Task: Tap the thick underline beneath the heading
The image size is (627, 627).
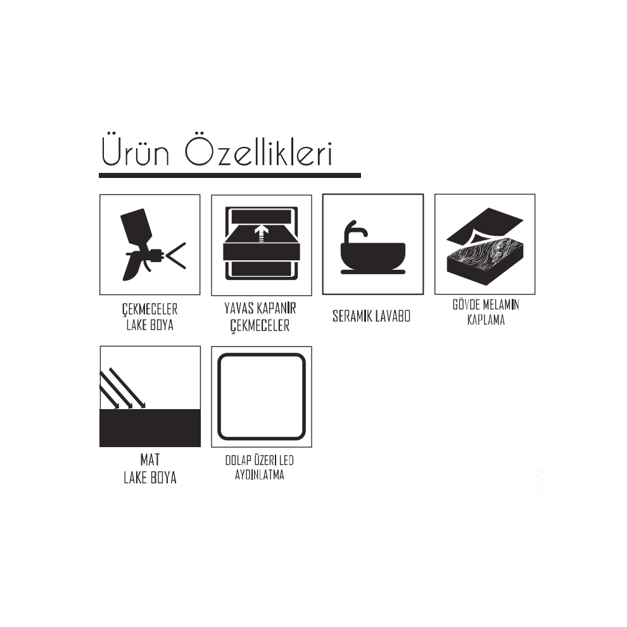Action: click(230, 175)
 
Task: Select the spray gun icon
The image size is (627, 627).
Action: click(153, 244)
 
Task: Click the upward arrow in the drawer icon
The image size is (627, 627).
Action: click(262, 232)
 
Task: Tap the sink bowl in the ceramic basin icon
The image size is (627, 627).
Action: click(372, 256)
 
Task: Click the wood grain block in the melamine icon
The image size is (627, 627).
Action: click(484, 260)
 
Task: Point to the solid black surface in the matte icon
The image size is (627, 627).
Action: click(150, 428)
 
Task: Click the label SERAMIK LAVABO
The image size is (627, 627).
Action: click(372, 316)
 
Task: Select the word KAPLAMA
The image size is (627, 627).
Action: click(486, 320)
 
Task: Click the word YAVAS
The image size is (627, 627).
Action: click(238, 308)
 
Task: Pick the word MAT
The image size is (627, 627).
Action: click(150, 460)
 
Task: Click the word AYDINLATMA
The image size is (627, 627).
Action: click(260, 475)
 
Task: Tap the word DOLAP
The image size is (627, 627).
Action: click(237, 460)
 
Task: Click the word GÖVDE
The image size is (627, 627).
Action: click(466, 305)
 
